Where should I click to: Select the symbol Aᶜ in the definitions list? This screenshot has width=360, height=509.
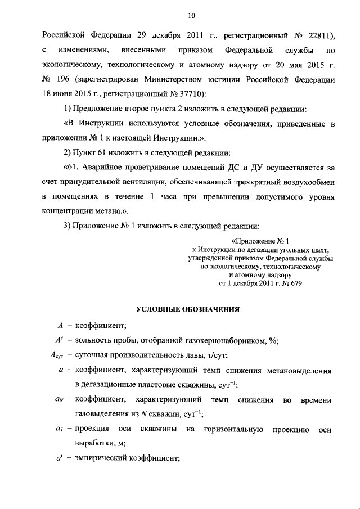57,339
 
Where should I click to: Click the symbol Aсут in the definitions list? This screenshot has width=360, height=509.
57,355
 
